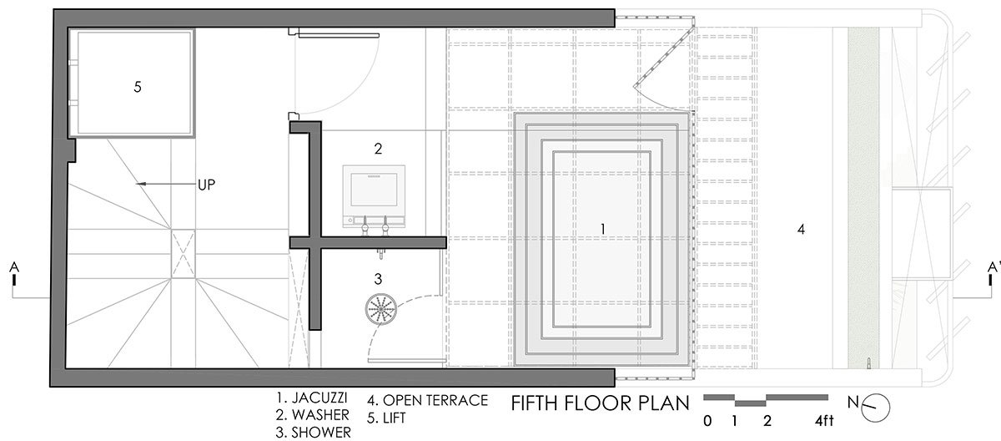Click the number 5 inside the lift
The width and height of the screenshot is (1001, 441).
(138, 87)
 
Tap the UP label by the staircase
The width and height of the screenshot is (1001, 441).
(207, 185)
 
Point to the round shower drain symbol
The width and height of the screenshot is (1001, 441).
(381, 309)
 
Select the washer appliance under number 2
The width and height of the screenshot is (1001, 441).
(374, 197)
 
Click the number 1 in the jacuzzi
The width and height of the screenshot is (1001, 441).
(603, 229)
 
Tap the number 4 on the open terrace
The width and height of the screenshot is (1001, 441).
(802, 230)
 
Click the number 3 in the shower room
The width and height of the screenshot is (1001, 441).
(378, 279)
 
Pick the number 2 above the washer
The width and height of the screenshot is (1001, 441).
(378, 149)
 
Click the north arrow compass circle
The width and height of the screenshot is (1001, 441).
(875, 408)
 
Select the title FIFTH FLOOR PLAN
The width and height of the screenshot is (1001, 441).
(600, 403)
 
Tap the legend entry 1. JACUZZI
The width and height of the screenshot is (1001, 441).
(312, 398)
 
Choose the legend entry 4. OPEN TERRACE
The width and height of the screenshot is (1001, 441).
(428, 400)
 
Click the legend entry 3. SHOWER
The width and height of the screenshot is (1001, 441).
(314, 433)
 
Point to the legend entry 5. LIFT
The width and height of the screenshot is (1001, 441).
(386, 418)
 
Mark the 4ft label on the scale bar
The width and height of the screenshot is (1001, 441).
(824, 421)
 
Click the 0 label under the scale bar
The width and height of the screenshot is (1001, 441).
(707, 421)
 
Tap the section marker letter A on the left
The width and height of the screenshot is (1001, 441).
(14, 267)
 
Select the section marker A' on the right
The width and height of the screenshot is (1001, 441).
(993, 267)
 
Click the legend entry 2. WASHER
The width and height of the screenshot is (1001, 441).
(312, 415)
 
